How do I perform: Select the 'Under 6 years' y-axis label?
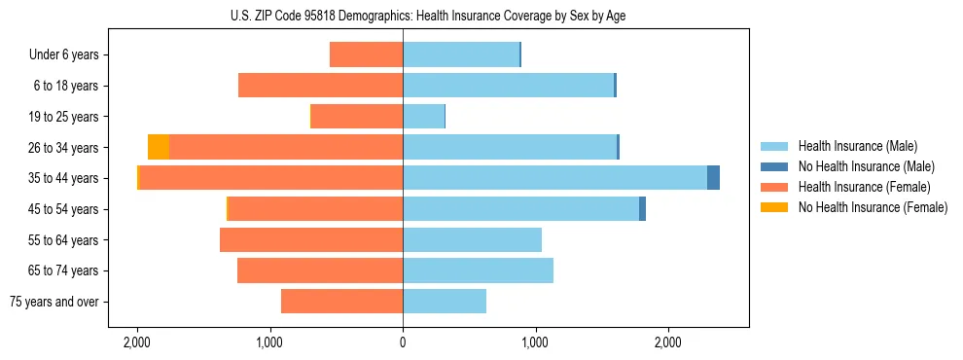[64, 54]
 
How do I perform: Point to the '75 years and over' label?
[55, 302]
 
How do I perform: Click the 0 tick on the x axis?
[403, 342]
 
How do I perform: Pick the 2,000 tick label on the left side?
[137, 342]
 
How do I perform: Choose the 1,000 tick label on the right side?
[535, 342]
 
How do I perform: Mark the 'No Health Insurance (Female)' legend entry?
[873, 207]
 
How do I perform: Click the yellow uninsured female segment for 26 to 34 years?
[159, 147]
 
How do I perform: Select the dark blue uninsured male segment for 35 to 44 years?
[713, 178]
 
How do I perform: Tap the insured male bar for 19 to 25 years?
[423, 117]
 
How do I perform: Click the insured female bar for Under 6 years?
[367, 54]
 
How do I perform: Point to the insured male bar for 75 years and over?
[445, 302]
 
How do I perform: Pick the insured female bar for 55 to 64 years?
[311, 240]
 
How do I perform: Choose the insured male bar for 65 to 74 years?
[478, 270]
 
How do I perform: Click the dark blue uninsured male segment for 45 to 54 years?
[643, 209]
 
